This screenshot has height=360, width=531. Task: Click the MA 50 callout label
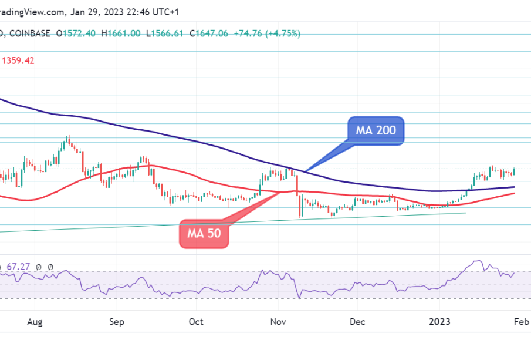(x=204, y=233)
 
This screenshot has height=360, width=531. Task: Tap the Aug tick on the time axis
(x=35, y=322)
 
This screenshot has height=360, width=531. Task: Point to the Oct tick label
(x=196, y=322)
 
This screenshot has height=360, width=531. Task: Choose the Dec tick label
(x=357, y=322)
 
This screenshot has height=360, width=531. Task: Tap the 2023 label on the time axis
(x=439, y=322)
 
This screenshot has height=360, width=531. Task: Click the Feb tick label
(x=521, y=322)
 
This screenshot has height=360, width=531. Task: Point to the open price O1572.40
(x=76, y=33)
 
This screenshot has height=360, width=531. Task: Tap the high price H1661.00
(x=120, y=33)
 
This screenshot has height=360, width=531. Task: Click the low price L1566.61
(x=165, y=33)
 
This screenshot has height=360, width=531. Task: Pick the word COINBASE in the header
(x=31, y=33)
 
